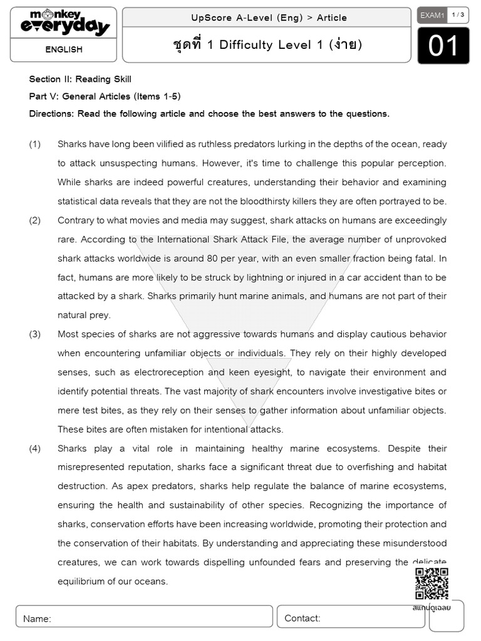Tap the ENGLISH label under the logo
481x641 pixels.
point(63,49)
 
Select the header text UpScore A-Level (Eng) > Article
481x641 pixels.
point(269,18)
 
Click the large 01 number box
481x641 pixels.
point(443,46)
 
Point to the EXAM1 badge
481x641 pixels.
point(432,16)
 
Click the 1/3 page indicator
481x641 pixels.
point(458,15)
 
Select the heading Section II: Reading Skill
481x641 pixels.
point(80,79)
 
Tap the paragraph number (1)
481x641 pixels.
point(35,144)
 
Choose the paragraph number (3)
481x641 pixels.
point(35,334)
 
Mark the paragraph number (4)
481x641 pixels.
point(35,448)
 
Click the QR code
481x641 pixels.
point(432,583)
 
